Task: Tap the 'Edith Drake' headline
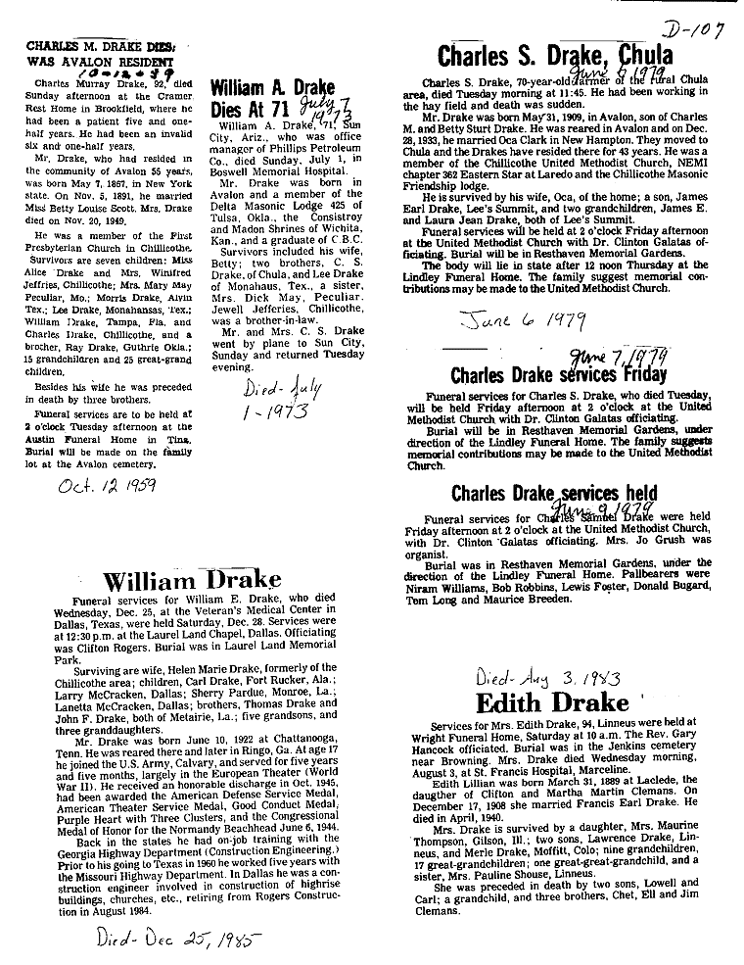point(552,703)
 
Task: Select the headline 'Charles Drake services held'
point(554,492)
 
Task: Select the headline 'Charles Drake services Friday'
point(558,373)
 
